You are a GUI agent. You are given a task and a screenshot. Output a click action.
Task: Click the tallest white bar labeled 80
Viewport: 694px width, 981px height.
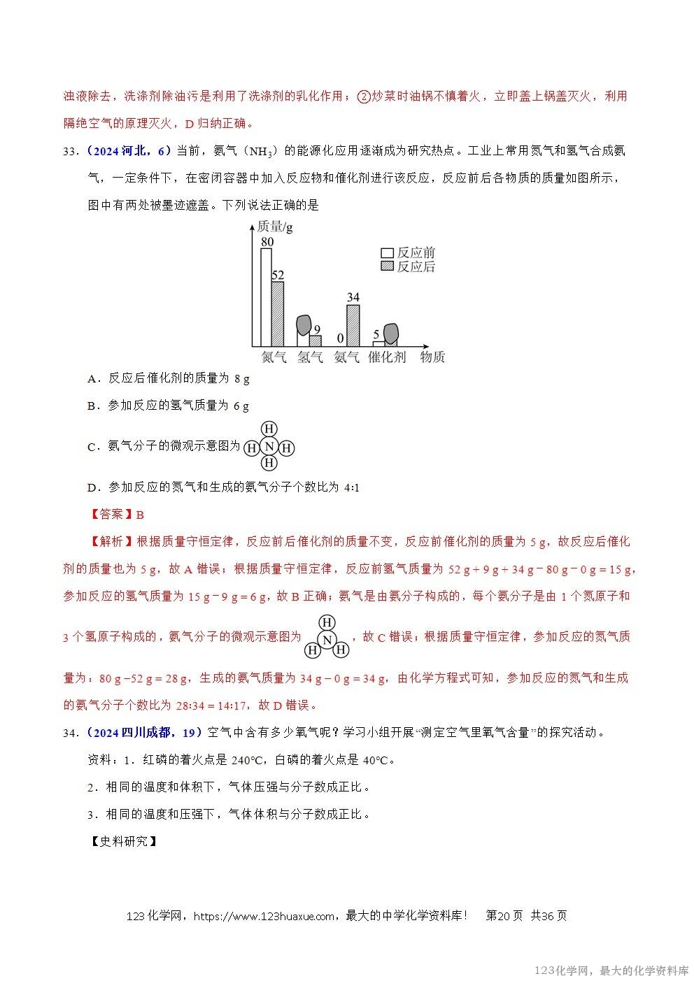click(267, 297)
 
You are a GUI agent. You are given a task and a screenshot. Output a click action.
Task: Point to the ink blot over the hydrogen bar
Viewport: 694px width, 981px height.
click(304, 325)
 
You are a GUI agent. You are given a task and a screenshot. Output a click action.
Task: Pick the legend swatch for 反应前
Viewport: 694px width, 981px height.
click(387, 253)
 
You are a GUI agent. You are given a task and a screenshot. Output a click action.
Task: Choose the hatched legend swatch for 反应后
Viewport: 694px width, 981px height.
click(387, 266)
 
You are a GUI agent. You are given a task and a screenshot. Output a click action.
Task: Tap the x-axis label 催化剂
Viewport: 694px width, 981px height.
click(386, 357)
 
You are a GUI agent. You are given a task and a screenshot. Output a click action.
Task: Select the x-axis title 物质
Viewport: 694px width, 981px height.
click(432, 357)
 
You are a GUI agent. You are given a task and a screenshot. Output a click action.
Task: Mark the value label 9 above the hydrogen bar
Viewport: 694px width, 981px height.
click(317, 329)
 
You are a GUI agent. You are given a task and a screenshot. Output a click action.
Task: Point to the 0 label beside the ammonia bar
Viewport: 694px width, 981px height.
click(341, 338)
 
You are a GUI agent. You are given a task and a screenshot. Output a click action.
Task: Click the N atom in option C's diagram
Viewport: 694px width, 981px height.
click(269, 446)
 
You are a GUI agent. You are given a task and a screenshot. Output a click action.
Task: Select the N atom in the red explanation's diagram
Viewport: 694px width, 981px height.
click(326, 637)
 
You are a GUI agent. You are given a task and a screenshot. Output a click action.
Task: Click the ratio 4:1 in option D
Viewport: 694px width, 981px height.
click(352, 487)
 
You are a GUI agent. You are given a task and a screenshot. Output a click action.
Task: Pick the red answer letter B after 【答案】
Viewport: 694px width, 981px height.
click(140, 515)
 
